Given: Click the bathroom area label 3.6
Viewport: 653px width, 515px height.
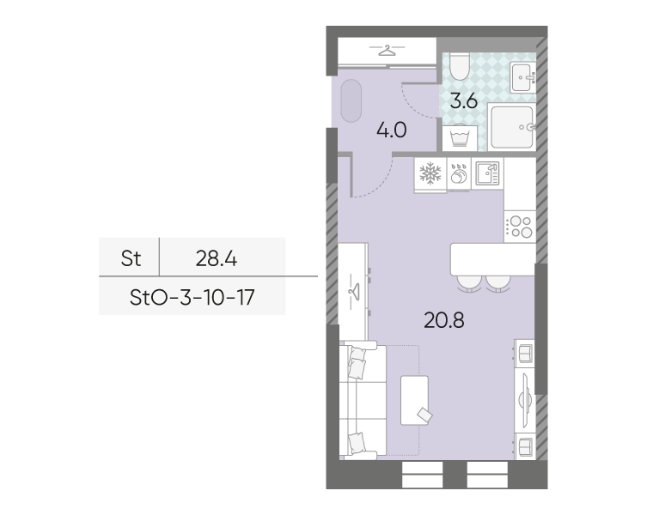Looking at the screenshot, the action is click(x=464, y=101).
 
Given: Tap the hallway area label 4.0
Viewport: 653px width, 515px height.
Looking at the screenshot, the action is click(x=392, y=130).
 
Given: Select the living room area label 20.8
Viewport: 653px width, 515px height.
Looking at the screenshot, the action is click(x=444, y=320).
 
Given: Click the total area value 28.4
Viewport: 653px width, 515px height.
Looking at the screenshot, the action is click(x=217, y=258).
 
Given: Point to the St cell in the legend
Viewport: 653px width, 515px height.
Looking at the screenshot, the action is click(x=131, y=258).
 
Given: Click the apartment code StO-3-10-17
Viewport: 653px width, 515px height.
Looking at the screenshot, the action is click(x=192, y=298).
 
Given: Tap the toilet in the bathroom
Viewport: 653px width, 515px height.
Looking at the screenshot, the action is click(x=460, y=67).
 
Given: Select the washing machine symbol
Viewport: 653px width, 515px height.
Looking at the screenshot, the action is click(x=460, y=137).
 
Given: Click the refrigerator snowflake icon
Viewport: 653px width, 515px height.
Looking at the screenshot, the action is click(x=430, y=173).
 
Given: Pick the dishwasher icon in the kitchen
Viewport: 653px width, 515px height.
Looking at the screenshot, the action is click(x=459, y=174).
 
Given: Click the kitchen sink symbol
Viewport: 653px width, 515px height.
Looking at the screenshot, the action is click(x=487, y=173).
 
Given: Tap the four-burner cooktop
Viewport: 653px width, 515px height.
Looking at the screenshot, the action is click(x=520, y=227).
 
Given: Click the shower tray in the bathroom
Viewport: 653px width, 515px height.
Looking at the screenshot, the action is click(x=512, y=127).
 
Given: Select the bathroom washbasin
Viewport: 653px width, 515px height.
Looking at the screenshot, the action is click(x=522, y=77).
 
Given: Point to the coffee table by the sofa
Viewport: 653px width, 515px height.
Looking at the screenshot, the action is click(x=414, y=400).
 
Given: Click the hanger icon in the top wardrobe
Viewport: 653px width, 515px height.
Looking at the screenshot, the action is click(x=387, y=51).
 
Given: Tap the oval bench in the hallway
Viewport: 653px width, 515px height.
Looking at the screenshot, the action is click(x=351, y=100).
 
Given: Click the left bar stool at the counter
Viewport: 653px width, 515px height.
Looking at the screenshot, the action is click(x=469, y=283).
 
